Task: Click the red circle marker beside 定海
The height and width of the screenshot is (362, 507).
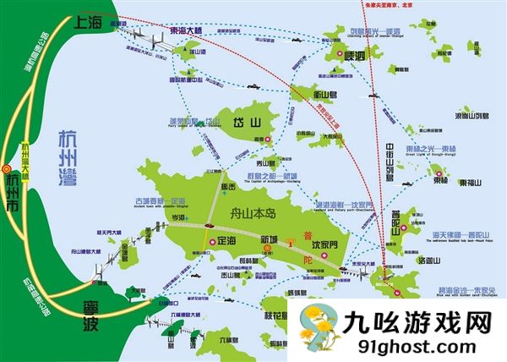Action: [212, 241]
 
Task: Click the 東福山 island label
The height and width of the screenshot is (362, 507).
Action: [472, 182]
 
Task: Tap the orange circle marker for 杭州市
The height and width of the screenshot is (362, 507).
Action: [7, 167]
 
